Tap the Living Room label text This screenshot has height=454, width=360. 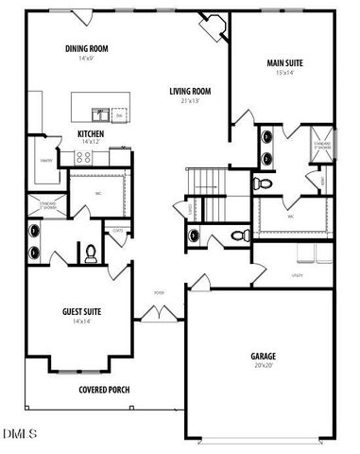(x=190, y=91)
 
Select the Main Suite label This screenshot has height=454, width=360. (x=284, y=62)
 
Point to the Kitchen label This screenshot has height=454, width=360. (x=92, y=133)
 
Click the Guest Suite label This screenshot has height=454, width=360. (x=82, y=311)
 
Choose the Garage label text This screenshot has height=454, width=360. (x=263, y=356)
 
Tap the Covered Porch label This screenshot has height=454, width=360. (x=104, y=389)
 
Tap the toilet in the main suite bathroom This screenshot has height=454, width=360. (x=266, y=181)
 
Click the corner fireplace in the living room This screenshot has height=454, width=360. (x=214, y=26)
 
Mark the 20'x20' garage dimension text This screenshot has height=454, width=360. (x=263, y=365)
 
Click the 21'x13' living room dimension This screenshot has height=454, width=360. (x=190, y=100)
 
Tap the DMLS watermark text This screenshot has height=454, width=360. (x=20, y=434)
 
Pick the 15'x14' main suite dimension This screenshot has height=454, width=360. (x=284, y=72)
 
